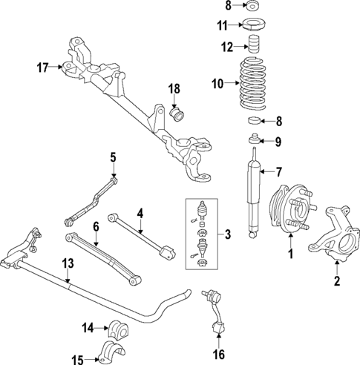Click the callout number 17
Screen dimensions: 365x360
pos(42,68)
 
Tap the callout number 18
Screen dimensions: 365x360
pos(174,90)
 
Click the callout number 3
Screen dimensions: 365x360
pos(228,235)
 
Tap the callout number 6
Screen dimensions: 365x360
pos(96,226)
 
